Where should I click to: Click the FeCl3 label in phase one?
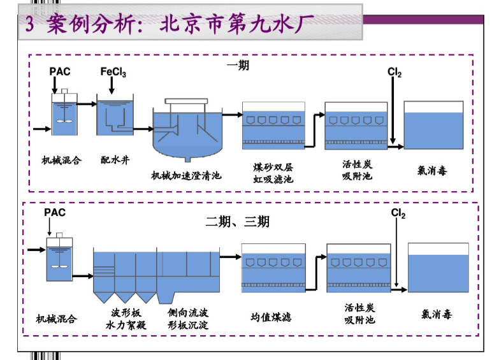tap(113, 72)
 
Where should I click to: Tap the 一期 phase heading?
tap(240, 66)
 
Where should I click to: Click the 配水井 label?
tap(115, 161)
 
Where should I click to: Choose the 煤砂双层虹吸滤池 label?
tap(273, 173)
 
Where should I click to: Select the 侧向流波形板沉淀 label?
tap(188, 319)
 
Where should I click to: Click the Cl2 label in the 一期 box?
tap(394, 72)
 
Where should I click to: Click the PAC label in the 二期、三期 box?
tap(55, 212)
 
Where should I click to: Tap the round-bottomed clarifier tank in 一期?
tap(187, 133)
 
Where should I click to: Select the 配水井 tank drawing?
tap(115, 116)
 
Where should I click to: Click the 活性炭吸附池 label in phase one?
tap(357, 170)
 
